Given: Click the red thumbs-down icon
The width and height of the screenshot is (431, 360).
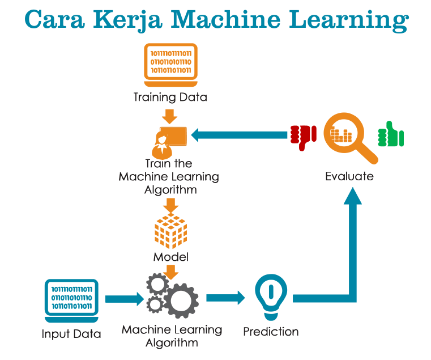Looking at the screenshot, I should [x=302, y=137].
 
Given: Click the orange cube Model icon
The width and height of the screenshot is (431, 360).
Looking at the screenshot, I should [x=171, y=231].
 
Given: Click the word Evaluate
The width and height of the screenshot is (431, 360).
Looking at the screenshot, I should [x=349, y=176].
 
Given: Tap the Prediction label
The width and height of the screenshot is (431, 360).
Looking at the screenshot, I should [x=271, y=332].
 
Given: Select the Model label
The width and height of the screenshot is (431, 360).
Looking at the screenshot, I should [x=170, y=257].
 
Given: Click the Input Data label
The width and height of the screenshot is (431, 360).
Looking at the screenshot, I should [x=71, y=334].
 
